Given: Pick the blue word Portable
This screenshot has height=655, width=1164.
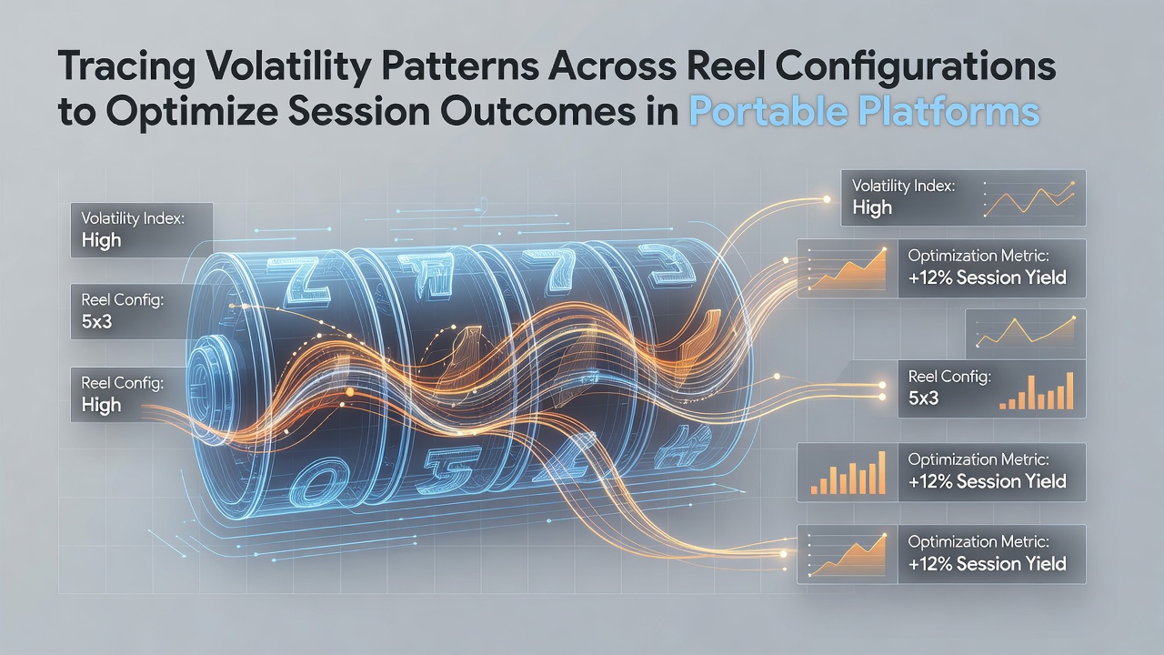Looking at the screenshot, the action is tap(768, 111).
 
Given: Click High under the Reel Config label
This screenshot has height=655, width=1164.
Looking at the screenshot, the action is tap(101, 405).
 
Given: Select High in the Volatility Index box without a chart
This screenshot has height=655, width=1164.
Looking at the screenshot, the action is tap(101, 240).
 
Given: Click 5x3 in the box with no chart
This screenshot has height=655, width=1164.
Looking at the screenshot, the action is tap(96, 322).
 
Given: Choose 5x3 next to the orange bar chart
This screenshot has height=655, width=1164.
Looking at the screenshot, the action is tap(923, 398).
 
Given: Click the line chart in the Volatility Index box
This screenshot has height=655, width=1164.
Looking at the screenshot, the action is tap(1029, 199).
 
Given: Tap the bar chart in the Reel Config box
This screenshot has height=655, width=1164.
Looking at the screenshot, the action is tap(1036, 391).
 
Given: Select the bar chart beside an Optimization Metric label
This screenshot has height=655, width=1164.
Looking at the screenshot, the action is tap(848, 472).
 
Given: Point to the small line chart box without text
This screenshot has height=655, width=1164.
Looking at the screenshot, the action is tap(1025, 333).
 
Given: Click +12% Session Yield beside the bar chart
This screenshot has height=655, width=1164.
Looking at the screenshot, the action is tap(987, 481).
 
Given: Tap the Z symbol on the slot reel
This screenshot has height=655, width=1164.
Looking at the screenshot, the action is tap(300, 280).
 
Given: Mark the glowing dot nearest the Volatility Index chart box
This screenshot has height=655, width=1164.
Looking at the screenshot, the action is tap(827, 199).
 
